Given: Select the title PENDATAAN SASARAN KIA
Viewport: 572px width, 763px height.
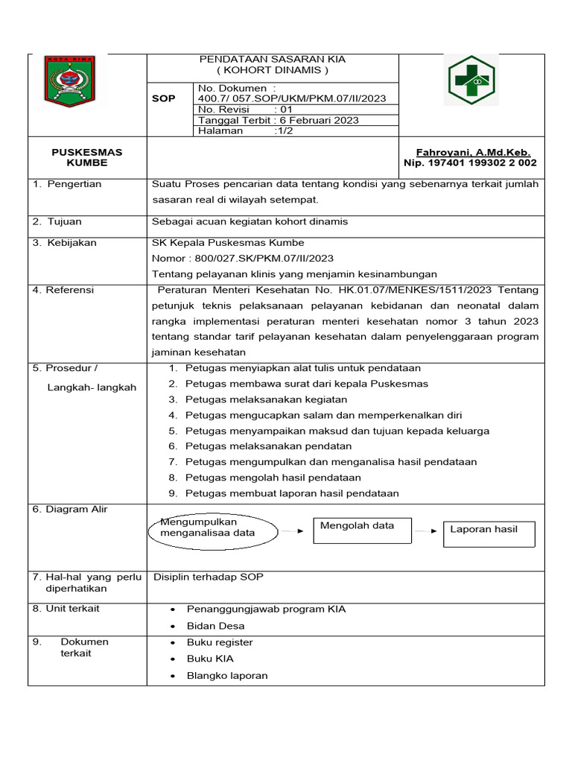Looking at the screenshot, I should point(272,59).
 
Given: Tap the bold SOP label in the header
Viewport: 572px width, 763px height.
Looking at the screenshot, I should point(164,98).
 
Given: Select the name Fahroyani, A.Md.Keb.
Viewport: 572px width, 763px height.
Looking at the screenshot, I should point(483,152).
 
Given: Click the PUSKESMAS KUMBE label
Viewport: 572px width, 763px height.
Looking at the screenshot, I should point(87,157).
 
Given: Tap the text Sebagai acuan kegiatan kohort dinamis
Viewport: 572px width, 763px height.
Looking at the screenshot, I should point(250,221).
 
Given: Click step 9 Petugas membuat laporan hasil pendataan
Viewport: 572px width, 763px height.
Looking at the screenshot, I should point(291,493).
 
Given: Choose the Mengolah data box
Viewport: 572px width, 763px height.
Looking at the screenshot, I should point(363,531).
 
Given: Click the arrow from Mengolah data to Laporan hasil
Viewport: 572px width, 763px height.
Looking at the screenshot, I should point(426,531).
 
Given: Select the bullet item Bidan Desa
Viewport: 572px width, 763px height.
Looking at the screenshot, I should point(215,626).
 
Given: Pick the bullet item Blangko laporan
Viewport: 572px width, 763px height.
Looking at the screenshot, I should point(226,676).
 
